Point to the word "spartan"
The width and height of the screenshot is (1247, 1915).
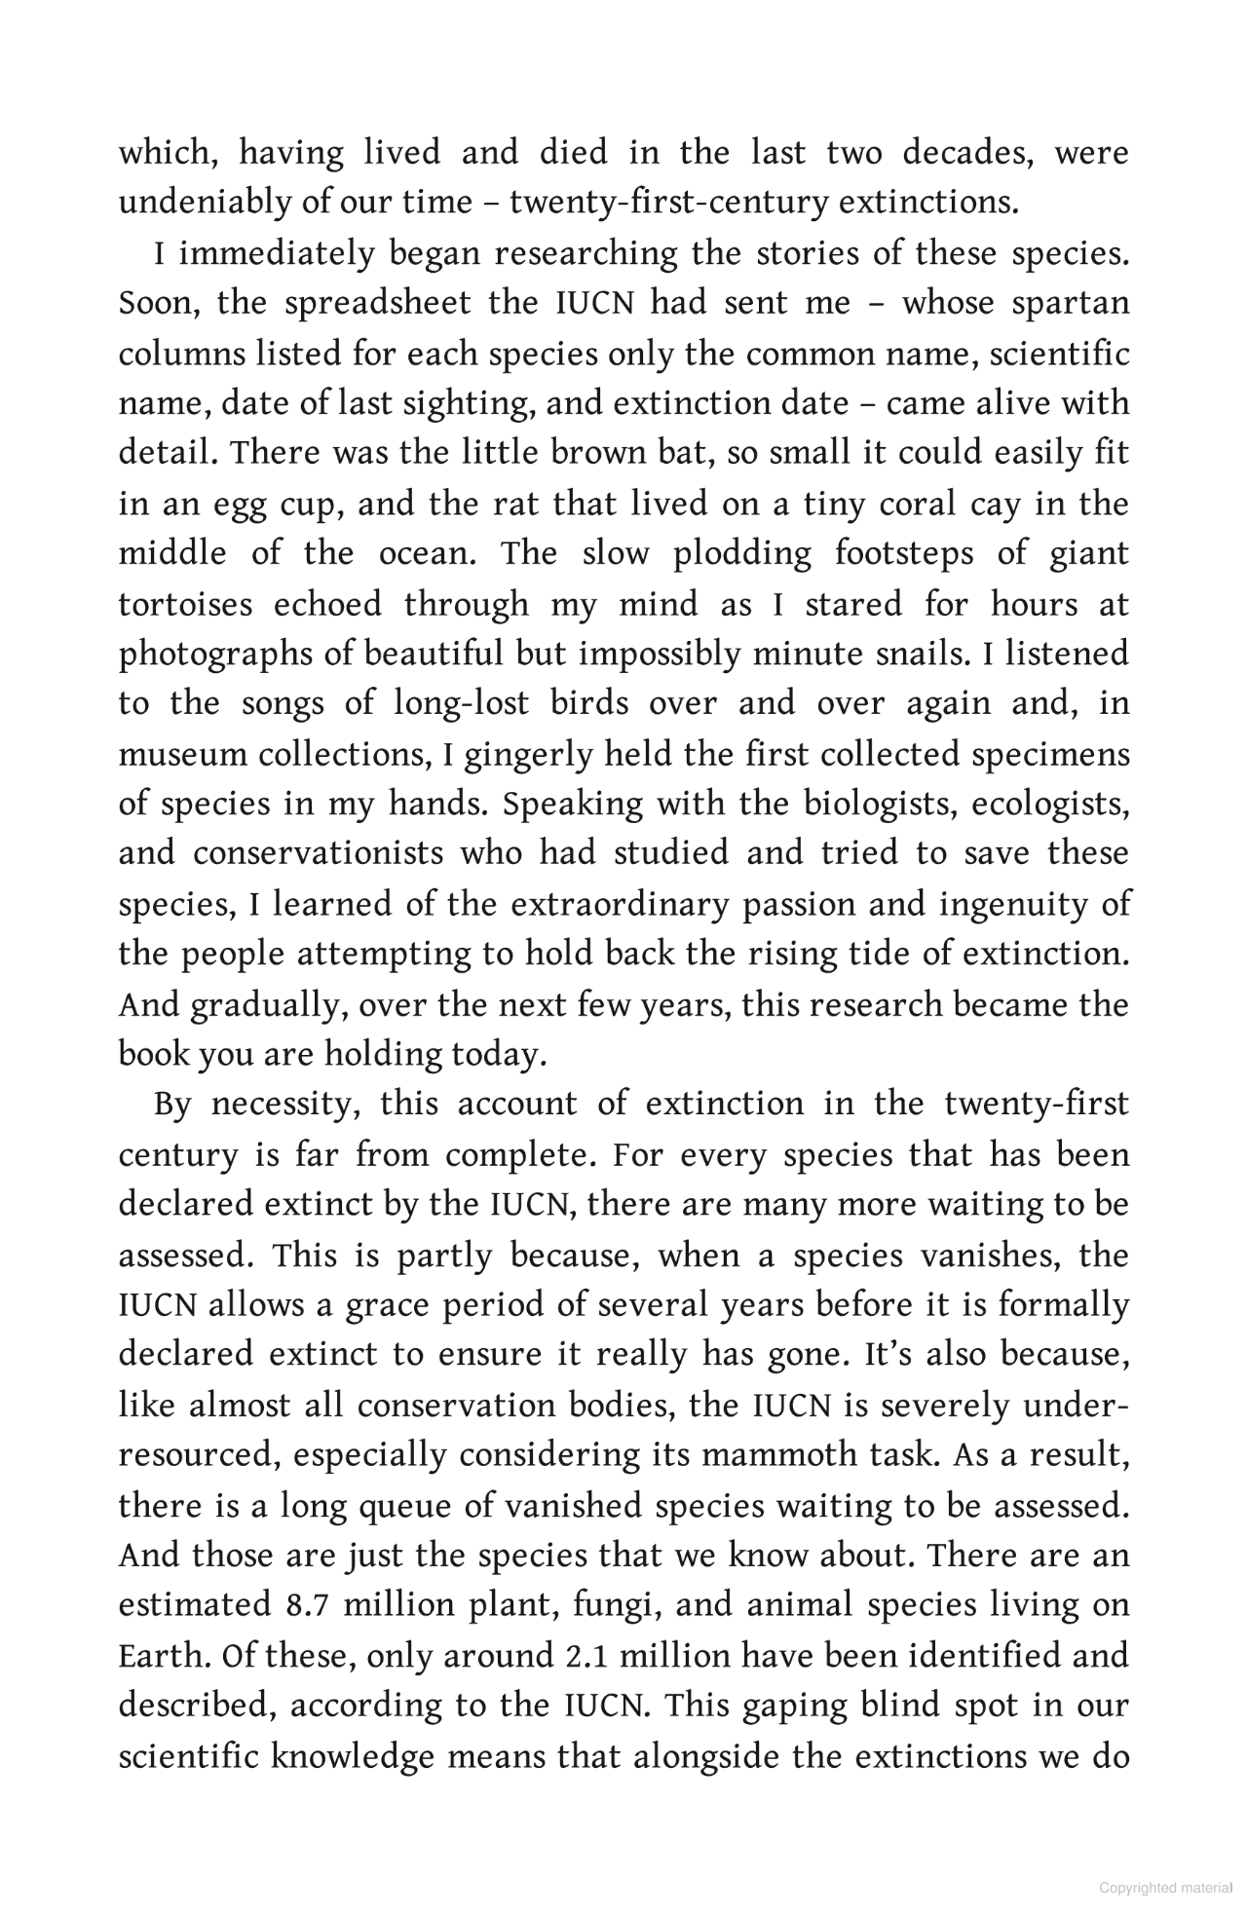click(1071, 304)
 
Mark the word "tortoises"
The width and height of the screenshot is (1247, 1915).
click(184, 604)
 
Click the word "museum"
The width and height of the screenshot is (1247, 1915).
click(181, 754)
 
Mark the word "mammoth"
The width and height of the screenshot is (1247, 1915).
click(779, 1455)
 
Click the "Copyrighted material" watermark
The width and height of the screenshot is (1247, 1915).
click(1165, 1888)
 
